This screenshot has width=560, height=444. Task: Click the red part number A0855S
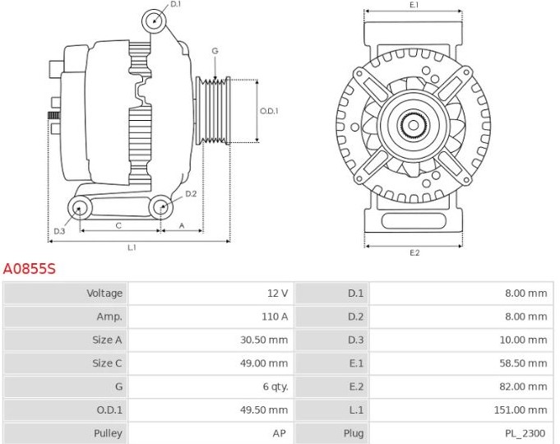coord(30,269)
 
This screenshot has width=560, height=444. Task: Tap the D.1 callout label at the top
coord(176,4)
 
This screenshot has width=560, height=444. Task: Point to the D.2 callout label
coord(191,194)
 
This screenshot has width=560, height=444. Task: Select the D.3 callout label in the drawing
coord(59,231)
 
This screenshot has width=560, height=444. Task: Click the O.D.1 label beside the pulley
coord(269,111)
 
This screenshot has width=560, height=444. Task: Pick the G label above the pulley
coord(215,51)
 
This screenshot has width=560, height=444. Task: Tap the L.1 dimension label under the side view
coord(132,247)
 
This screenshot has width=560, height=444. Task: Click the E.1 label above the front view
coord(414,5)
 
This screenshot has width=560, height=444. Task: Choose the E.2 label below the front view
coord(414,253)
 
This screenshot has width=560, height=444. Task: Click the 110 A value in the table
coord(275,317)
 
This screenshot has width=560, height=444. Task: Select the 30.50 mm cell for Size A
coord(264,340)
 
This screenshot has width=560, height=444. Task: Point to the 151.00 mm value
coord(521,409)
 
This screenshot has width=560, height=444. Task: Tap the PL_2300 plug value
coord(525,433)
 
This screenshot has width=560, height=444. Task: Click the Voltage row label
coord(104,294)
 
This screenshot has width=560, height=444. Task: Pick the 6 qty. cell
coord(275,386)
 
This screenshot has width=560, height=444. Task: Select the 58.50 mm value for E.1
coord(523,363)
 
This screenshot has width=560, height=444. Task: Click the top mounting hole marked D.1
coord(155,21)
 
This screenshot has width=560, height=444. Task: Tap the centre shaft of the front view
coord(413,125)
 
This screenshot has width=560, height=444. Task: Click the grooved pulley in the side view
coord(213,111)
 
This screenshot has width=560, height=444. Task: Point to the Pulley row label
coord(108,433)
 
